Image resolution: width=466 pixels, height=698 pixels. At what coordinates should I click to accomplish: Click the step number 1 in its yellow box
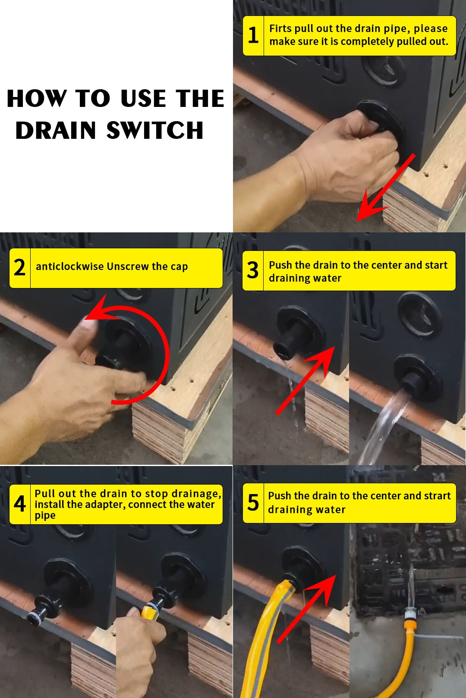(253, 35)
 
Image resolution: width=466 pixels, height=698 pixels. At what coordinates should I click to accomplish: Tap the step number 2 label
(20, 268)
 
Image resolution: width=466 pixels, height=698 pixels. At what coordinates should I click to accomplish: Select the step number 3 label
(253, 270)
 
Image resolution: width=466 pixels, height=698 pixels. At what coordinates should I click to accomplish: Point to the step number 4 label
(20, 504)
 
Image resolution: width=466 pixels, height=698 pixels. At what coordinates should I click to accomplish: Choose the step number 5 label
(253, 503)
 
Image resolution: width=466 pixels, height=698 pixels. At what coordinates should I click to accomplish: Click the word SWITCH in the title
(155, 130)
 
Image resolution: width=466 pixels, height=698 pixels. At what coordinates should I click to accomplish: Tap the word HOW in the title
(37, 98)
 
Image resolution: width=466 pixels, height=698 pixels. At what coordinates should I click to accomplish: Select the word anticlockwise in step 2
(70, 266)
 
